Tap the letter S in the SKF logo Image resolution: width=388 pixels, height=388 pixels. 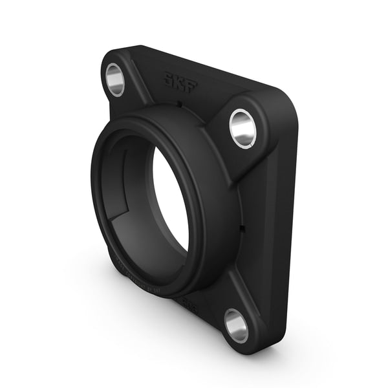(169, 80)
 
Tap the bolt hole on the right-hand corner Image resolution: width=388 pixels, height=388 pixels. (242, 127)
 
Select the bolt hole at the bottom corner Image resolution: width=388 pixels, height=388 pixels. (236, 325)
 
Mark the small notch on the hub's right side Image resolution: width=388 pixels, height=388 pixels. (241, 227)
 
